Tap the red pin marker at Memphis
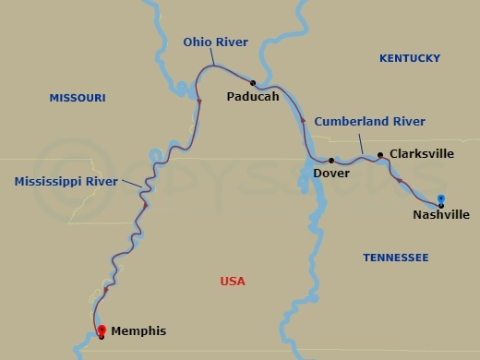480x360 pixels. click(x=101, y=330)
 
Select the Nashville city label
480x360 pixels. click(x=441, y=215)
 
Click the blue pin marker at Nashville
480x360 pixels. click(x=441, y=198)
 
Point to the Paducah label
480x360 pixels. click(x=253, y=95)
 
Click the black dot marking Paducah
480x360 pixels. click(x=252, y=82)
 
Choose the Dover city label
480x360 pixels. click(x=331, y=173)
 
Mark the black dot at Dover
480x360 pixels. click(x=331, y=161)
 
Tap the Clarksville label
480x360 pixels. click(x=422, y=154)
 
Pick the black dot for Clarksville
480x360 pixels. click(x=380, y=154)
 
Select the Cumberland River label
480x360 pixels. click(x=369, y=121)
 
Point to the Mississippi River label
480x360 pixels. click(x=66, y=182)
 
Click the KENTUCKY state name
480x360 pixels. click(x=410, y=58)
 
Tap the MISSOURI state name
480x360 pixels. click(x=78, y=98)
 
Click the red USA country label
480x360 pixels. click(x=233, y=282)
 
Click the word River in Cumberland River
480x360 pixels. click(x=407, y=121)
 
